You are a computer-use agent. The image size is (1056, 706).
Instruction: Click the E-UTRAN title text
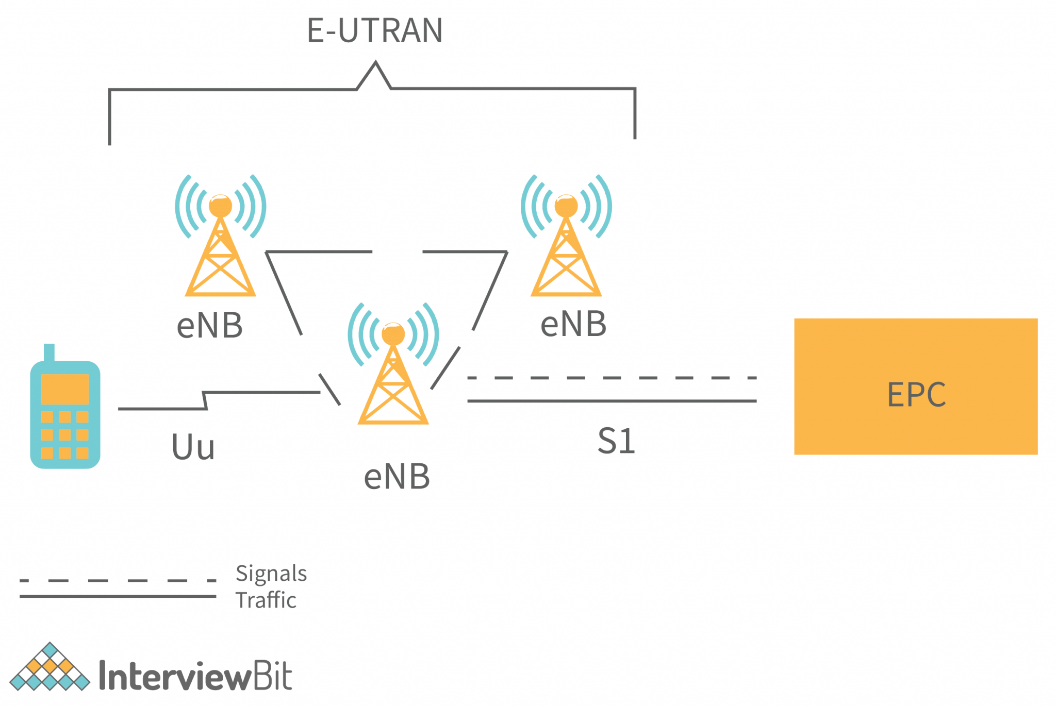(x=375, y=30)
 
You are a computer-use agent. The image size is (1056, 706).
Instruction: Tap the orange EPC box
(x=915, y=386)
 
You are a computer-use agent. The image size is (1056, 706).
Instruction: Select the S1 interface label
(x=616, y=441)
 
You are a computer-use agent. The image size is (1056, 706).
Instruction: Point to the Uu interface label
(x=193, y=447)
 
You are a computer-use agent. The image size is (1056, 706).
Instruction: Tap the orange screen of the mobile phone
(x=65, y=389)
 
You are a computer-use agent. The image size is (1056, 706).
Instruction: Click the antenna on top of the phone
(x=49, y=352)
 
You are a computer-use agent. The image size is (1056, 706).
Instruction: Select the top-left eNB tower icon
(x=220, y=242)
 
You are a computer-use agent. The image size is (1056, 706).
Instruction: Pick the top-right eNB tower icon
(x=566, y=242)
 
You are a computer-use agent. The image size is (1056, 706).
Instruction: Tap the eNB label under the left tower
(x=209, y=326)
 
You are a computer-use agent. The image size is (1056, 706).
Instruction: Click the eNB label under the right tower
(x=573, y=324)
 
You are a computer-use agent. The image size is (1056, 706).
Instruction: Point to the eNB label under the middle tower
(x=397, y=477)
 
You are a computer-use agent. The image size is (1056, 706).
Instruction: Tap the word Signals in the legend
(x=271, y=574)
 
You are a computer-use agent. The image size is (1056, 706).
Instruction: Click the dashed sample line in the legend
(x=118, y=580)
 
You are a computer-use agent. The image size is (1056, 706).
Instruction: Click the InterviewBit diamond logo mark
(x=49, y=667)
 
